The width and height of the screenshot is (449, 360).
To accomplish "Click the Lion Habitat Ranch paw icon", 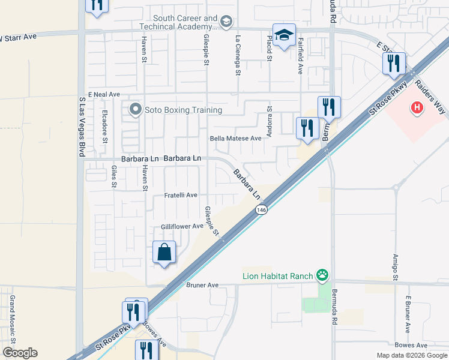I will (x=323, y=276).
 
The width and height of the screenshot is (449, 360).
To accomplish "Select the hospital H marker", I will (x=416, y=109).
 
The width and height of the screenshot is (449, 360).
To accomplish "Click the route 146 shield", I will (x=261, y=210).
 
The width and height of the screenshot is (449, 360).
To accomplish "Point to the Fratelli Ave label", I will (x=181, y=196).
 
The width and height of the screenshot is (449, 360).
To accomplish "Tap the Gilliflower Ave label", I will (x=182, y=227).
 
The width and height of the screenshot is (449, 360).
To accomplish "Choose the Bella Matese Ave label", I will (x=236, y=138).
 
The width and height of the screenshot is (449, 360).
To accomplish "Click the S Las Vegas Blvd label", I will (x=80, y=127).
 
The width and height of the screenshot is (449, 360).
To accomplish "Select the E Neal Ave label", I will (x=104, y=95).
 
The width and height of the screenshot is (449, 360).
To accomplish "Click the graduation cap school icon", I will (x=285, y=34).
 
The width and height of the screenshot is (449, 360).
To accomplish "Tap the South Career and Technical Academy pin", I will (x=226, y=23).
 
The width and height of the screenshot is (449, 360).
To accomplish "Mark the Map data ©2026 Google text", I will (x=412, y=355).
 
